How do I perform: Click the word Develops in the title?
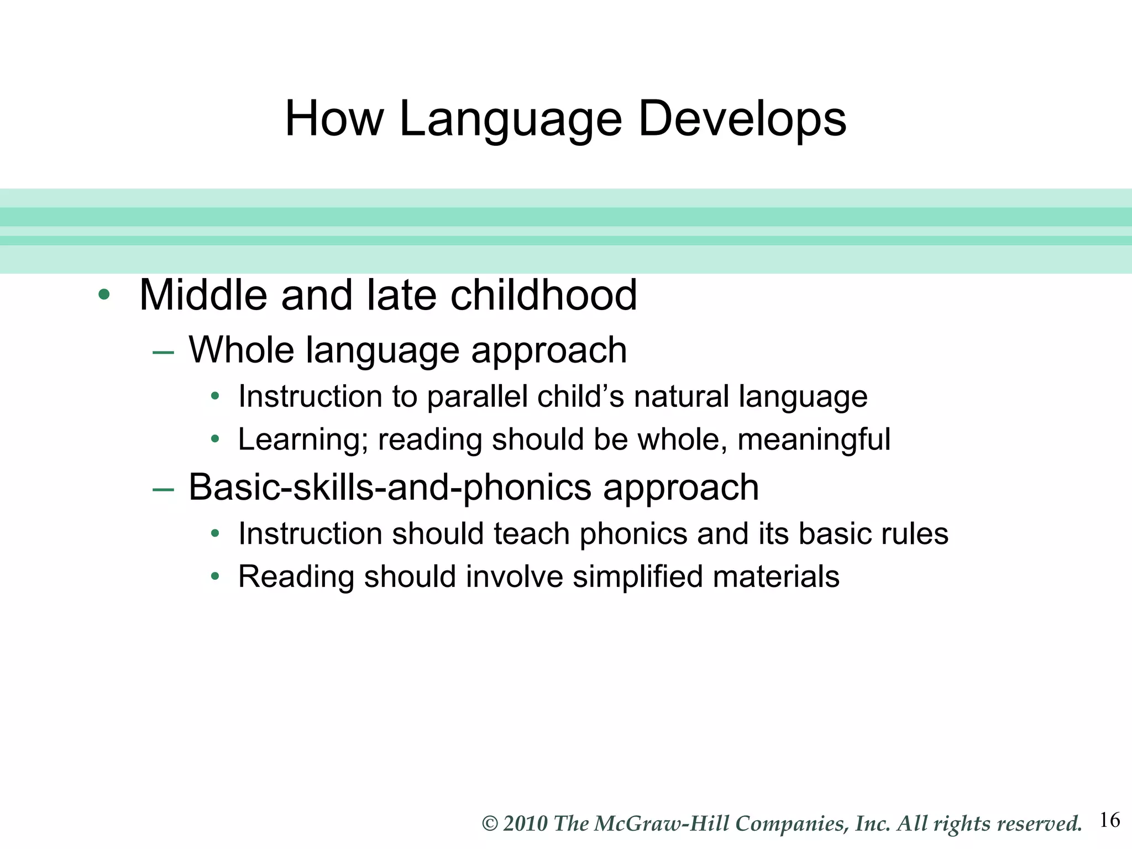coord(742,119)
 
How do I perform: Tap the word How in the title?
coord(334,119)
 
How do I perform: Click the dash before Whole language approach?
coord(163,352)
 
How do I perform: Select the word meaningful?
coord(814,440)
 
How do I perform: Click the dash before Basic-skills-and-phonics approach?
coord(163,489)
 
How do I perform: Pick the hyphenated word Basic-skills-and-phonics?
coord(390,488)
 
